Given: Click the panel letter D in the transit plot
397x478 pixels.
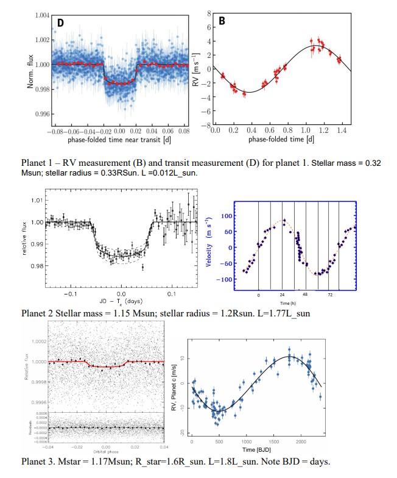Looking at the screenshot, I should coord(61,23).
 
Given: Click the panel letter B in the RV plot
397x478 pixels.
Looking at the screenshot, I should coord(222,21).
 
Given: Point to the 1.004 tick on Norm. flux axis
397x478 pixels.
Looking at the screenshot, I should coord(40,15).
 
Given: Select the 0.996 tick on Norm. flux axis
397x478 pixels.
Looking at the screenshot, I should coord(40,114).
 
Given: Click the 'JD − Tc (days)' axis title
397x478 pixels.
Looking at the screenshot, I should coord(122,301).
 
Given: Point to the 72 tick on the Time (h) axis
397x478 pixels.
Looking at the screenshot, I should coord(330,295).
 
